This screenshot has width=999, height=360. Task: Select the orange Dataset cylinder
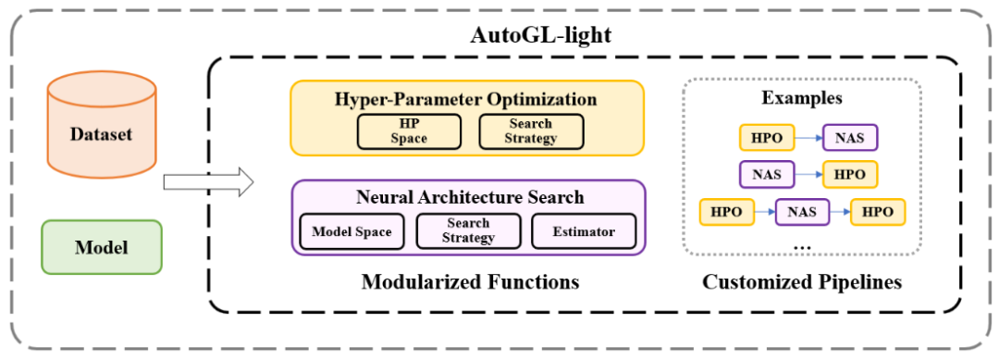pyautogui.click(x=101, y=133)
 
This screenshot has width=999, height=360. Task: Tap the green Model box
pyautogui.click(x=101, y=246)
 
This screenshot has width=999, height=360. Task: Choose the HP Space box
pyautogui.click(x=409, y=131)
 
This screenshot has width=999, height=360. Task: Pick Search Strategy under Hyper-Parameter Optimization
pyautogui.click(x=531, y=131)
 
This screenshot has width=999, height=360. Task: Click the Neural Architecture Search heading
pyautogui.click(x=470, y=196)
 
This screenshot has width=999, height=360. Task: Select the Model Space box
pyautogui.click(x=352, y=231)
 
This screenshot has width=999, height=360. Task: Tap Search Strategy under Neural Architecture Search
pyautogui.click(x=468, y=231)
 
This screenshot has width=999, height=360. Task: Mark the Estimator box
pyautogui.click(x=583, y=231)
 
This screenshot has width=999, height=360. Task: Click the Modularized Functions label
pyautogui.click(x=470, y=281)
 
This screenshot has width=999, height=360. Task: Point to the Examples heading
pyautogui.click(x=802, y=97)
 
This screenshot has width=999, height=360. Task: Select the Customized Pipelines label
pyautogui.click(x=802, y=281)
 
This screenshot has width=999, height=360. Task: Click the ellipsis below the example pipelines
pyautogui.click(x=802, y=245)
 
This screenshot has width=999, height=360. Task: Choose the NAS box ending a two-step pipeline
pyautogui.click(x=849, y=138)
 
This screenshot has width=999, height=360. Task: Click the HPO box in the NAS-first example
pyautogui.click(x=849, y=174)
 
